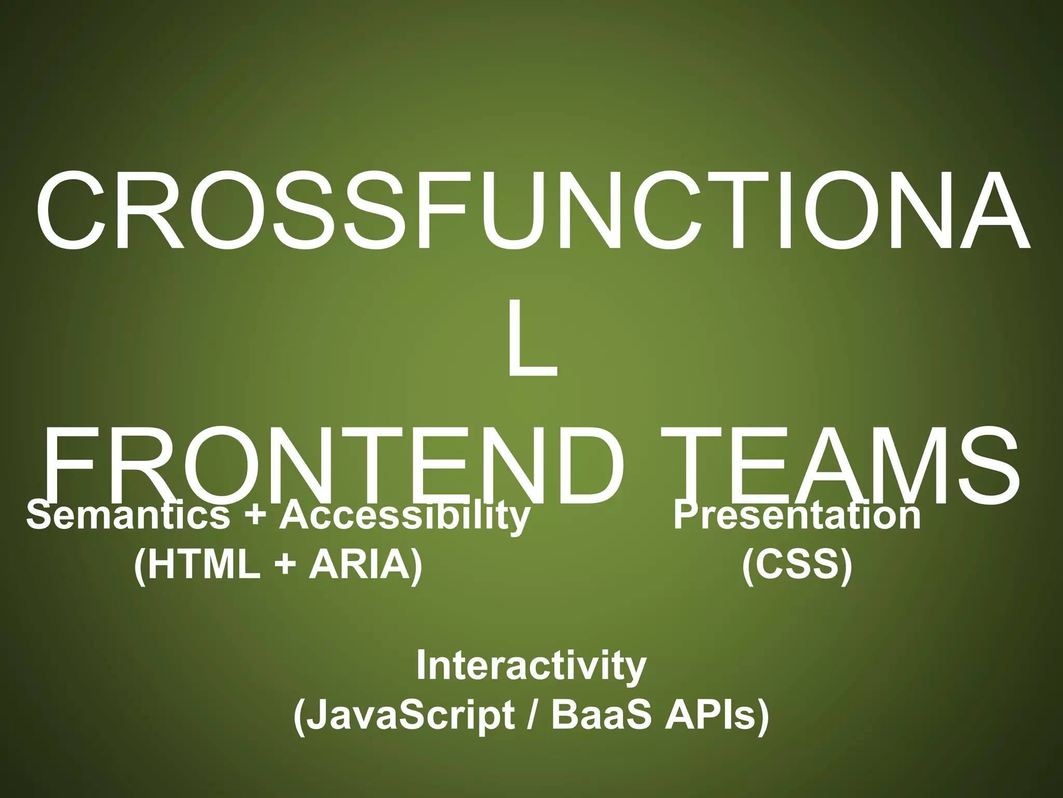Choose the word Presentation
coord(797,515)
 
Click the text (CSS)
coord(797,565)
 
